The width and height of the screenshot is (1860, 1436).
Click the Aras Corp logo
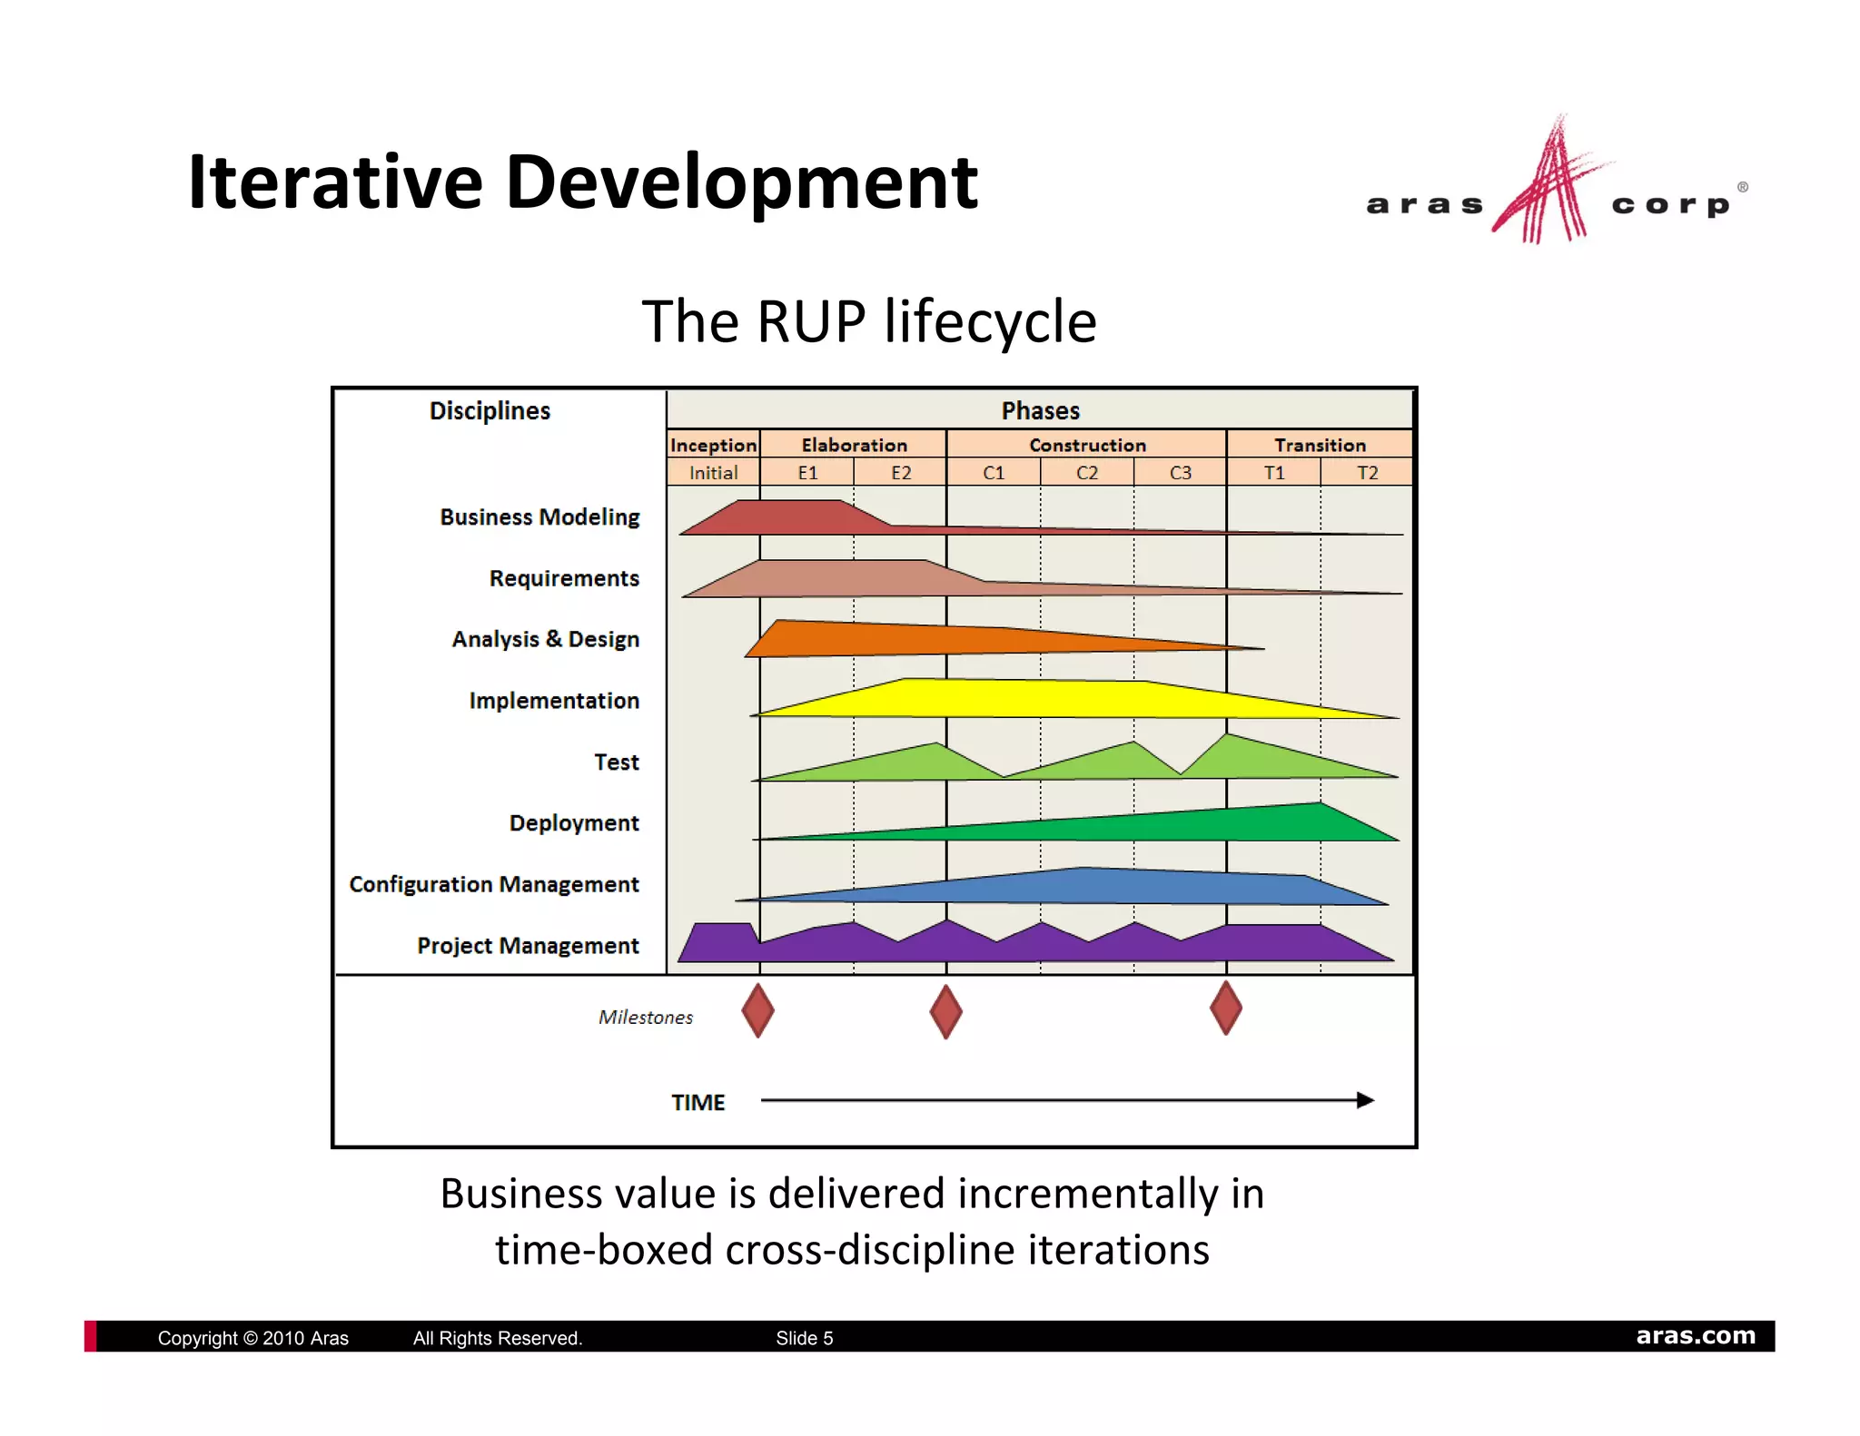click(x=1555, y=186)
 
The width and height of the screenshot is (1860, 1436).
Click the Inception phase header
click(x=713, y=445)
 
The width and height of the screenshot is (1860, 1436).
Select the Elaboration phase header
click(x=854, y=445)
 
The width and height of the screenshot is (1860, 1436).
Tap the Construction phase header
click(x=1087, y=445)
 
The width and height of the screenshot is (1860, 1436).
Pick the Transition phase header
click(x=1320, y=445)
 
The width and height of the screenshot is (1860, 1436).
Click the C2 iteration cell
click(x=1087, y=473)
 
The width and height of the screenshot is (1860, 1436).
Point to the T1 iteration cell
click(x=1274, y=473)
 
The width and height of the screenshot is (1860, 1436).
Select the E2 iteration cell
click(x=900, y=473)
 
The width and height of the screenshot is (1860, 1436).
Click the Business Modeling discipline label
click(x=539, y=517)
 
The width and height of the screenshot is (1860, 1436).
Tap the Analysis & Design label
click(x=545, y=639)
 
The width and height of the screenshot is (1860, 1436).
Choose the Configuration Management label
click(x=494, y=884)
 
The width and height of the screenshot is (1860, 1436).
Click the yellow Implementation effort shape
click(x=1044, y=699)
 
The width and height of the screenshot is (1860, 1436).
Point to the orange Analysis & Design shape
click(x=908, y=639)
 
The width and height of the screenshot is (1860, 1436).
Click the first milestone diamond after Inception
click(x=757, y=1010)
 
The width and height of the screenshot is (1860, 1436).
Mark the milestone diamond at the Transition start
click(x=1226, y=1008)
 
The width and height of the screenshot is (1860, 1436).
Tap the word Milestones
click(x=645, y=1018)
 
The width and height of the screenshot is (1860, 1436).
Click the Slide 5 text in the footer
click(x=804, y=1338)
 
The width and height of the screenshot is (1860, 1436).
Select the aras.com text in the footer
click(x=1696, y=1336)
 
